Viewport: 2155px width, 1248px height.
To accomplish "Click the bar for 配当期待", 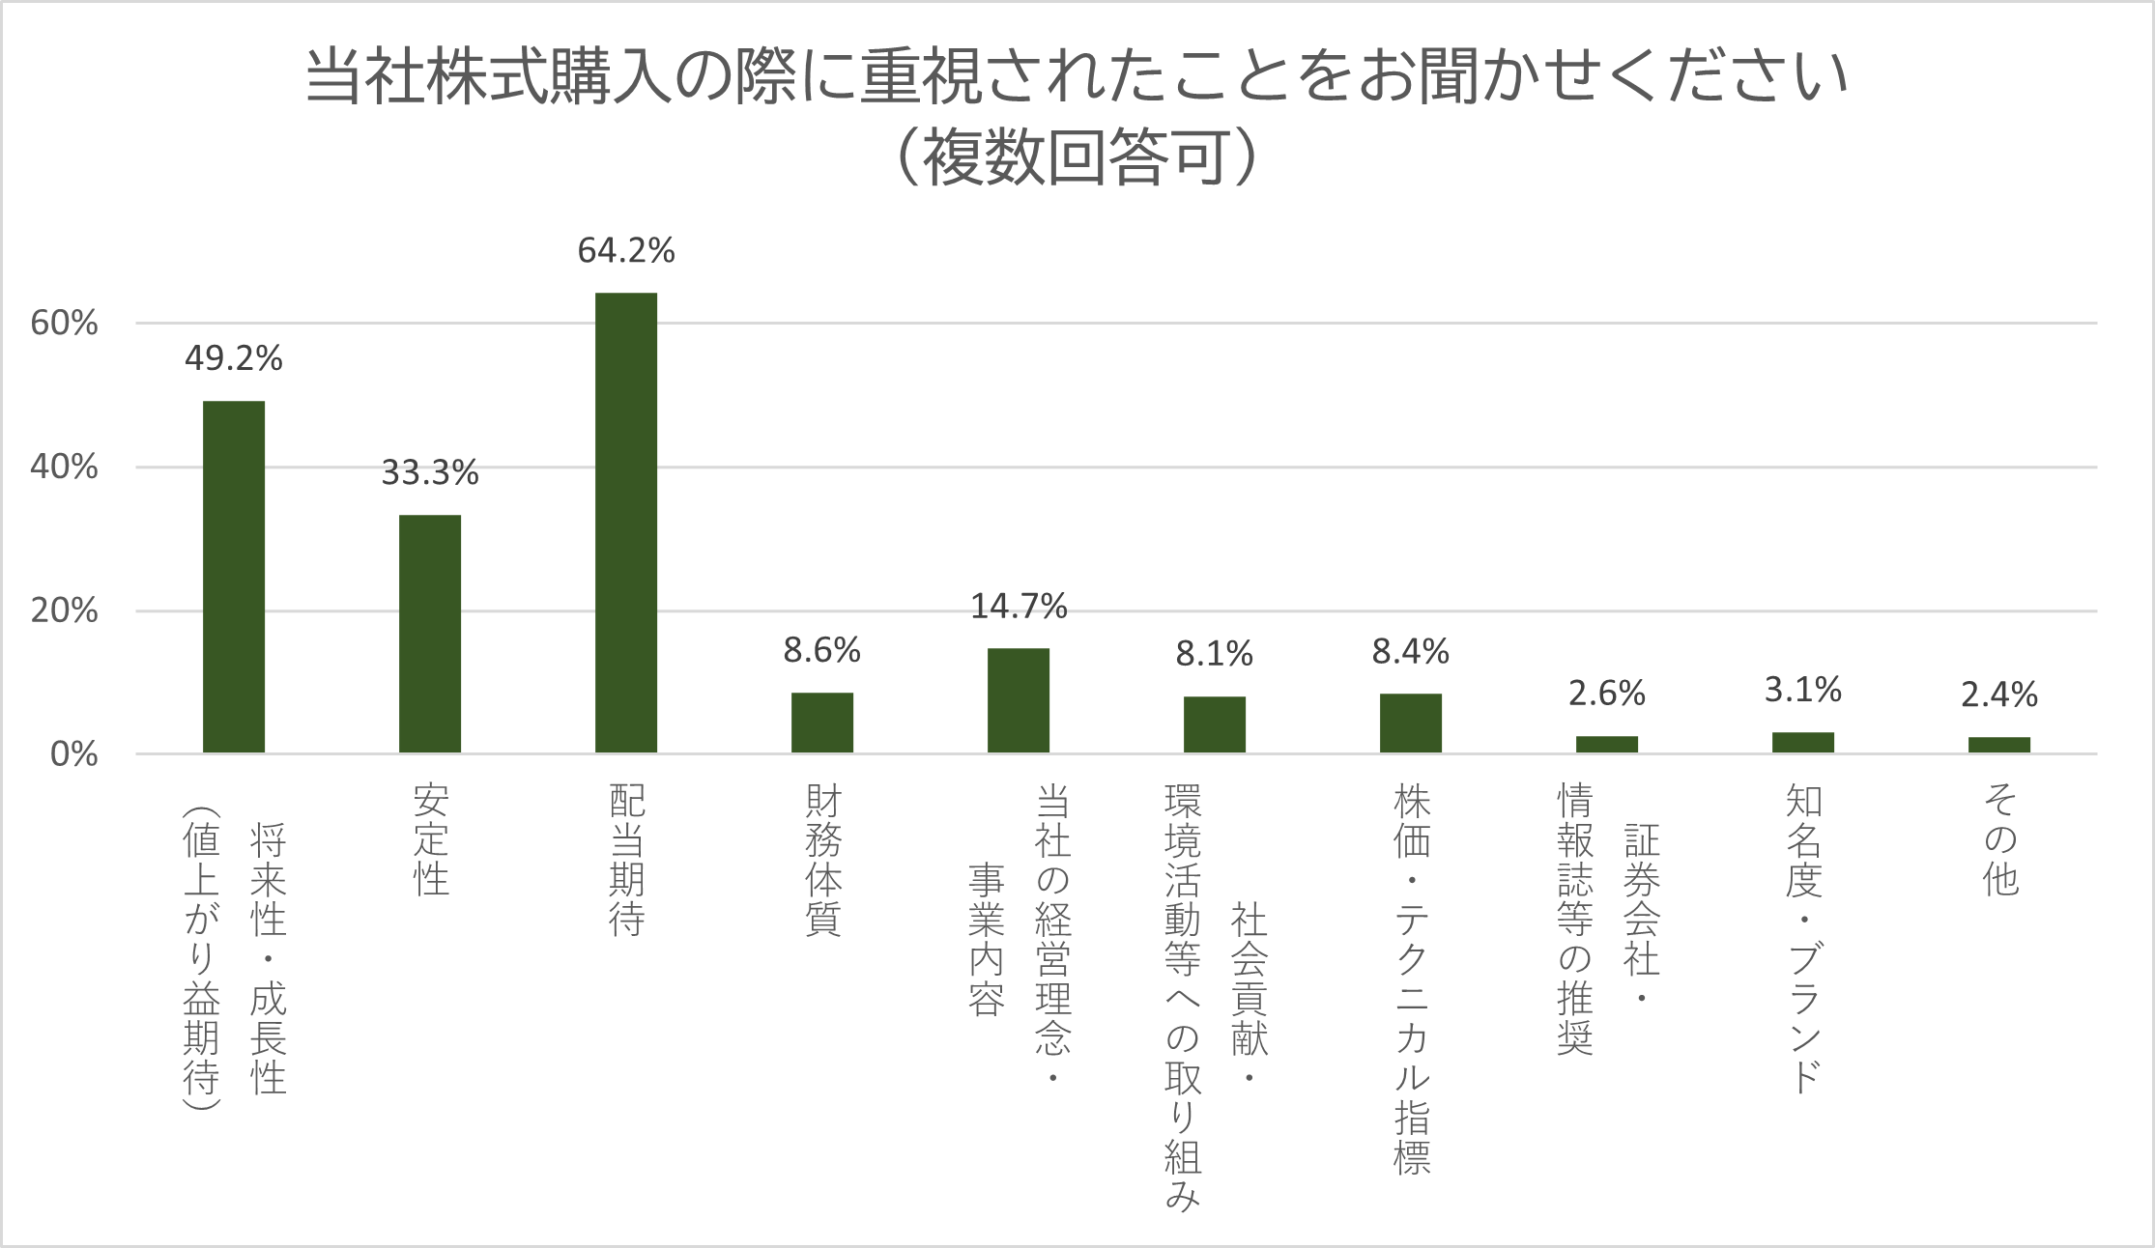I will [625, 523].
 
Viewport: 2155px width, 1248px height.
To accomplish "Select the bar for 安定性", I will [429, 634].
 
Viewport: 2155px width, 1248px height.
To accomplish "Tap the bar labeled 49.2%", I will [233, 577].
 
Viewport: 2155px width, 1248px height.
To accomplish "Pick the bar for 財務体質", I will [821, 723].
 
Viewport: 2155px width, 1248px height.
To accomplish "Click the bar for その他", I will [1998, 745].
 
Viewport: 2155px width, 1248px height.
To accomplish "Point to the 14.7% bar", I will [1018, 700].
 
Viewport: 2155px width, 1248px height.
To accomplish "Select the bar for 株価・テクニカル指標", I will [1410, 723].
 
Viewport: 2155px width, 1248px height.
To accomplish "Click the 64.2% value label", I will [626, 251].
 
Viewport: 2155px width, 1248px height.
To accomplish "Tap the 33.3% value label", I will [430, 472].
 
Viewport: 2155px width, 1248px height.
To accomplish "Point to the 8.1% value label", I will [1214, 655].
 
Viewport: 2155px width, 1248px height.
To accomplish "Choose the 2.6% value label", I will [1606, 693].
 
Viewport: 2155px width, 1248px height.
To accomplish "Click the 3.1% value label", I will [1802, 690].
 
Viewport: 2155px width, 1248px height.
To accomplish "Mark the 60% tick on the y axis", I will [64, 324].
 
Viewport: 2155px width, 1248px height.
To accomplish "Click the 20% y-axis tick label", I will [64, 611].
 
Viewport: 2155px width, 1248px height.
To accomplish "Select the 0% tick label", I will [74, 754].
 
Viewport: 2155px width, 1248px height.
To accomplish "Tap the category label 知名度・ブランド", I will [1803, 937].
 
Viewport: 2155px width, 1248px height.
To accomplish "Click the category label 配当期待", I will [626, 860].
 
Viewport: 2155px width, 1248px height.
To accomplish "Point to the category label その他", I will [1999, 839].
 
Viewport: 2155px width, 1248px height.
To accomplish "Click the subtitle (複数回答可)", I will [1077, 157].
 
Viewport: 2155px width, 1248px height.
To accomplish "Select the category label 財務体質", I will [822, 860].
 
